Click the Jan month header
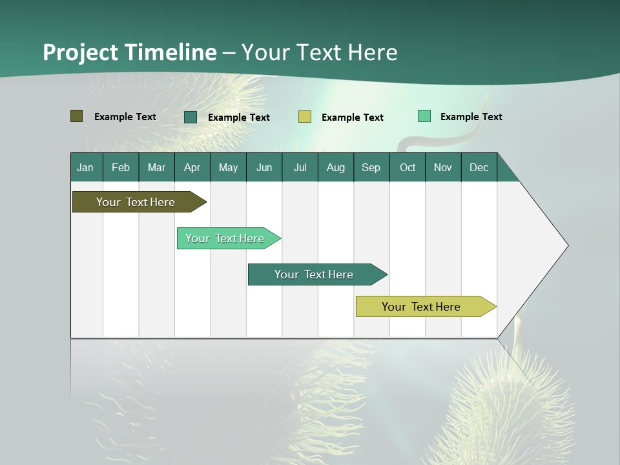[86, 167]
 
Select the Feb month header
[121, 167]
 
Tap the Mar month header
[156, 167]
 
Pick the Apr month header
[192, 167]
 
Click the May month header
[228, 167]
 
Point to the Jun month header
[264, 167]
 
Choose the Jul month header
[300, 167]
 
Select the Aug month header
[336, 167]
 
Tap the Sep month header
[371, 167]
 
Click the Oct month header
[408, 167]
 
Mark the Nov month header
[443, 167]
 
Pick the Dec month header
[479, 167]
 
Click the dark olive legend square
[76, 116]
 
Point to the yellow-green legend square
[305, 117]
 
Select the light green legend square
[424, 116]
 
